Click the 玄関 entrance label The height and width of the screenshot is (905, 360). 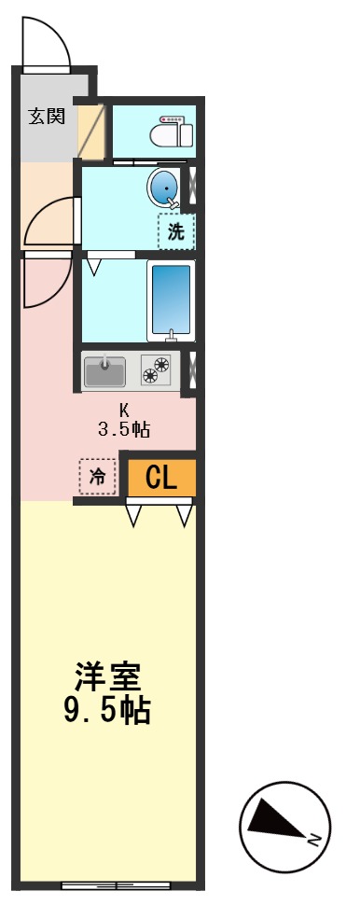(46, 117)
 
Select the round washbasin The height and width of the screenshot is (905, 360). (165, 189)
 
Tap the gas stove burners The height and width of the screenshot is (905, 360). (156, 371)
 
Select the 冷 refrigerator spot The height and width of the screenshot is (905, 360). (97, 475)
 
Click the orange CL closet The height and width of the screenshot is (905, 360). (160, 478)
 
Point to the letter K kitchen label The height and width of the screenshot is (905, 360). (123, 411)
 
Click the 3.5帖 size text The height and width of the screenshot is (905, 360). (124, 430)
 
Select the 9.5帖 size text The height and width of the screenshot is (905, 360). (107, 711)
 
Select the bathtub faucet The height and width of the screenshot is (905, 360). (170, 333)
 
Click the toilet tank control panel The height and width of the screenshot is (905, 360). (173, 118)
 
